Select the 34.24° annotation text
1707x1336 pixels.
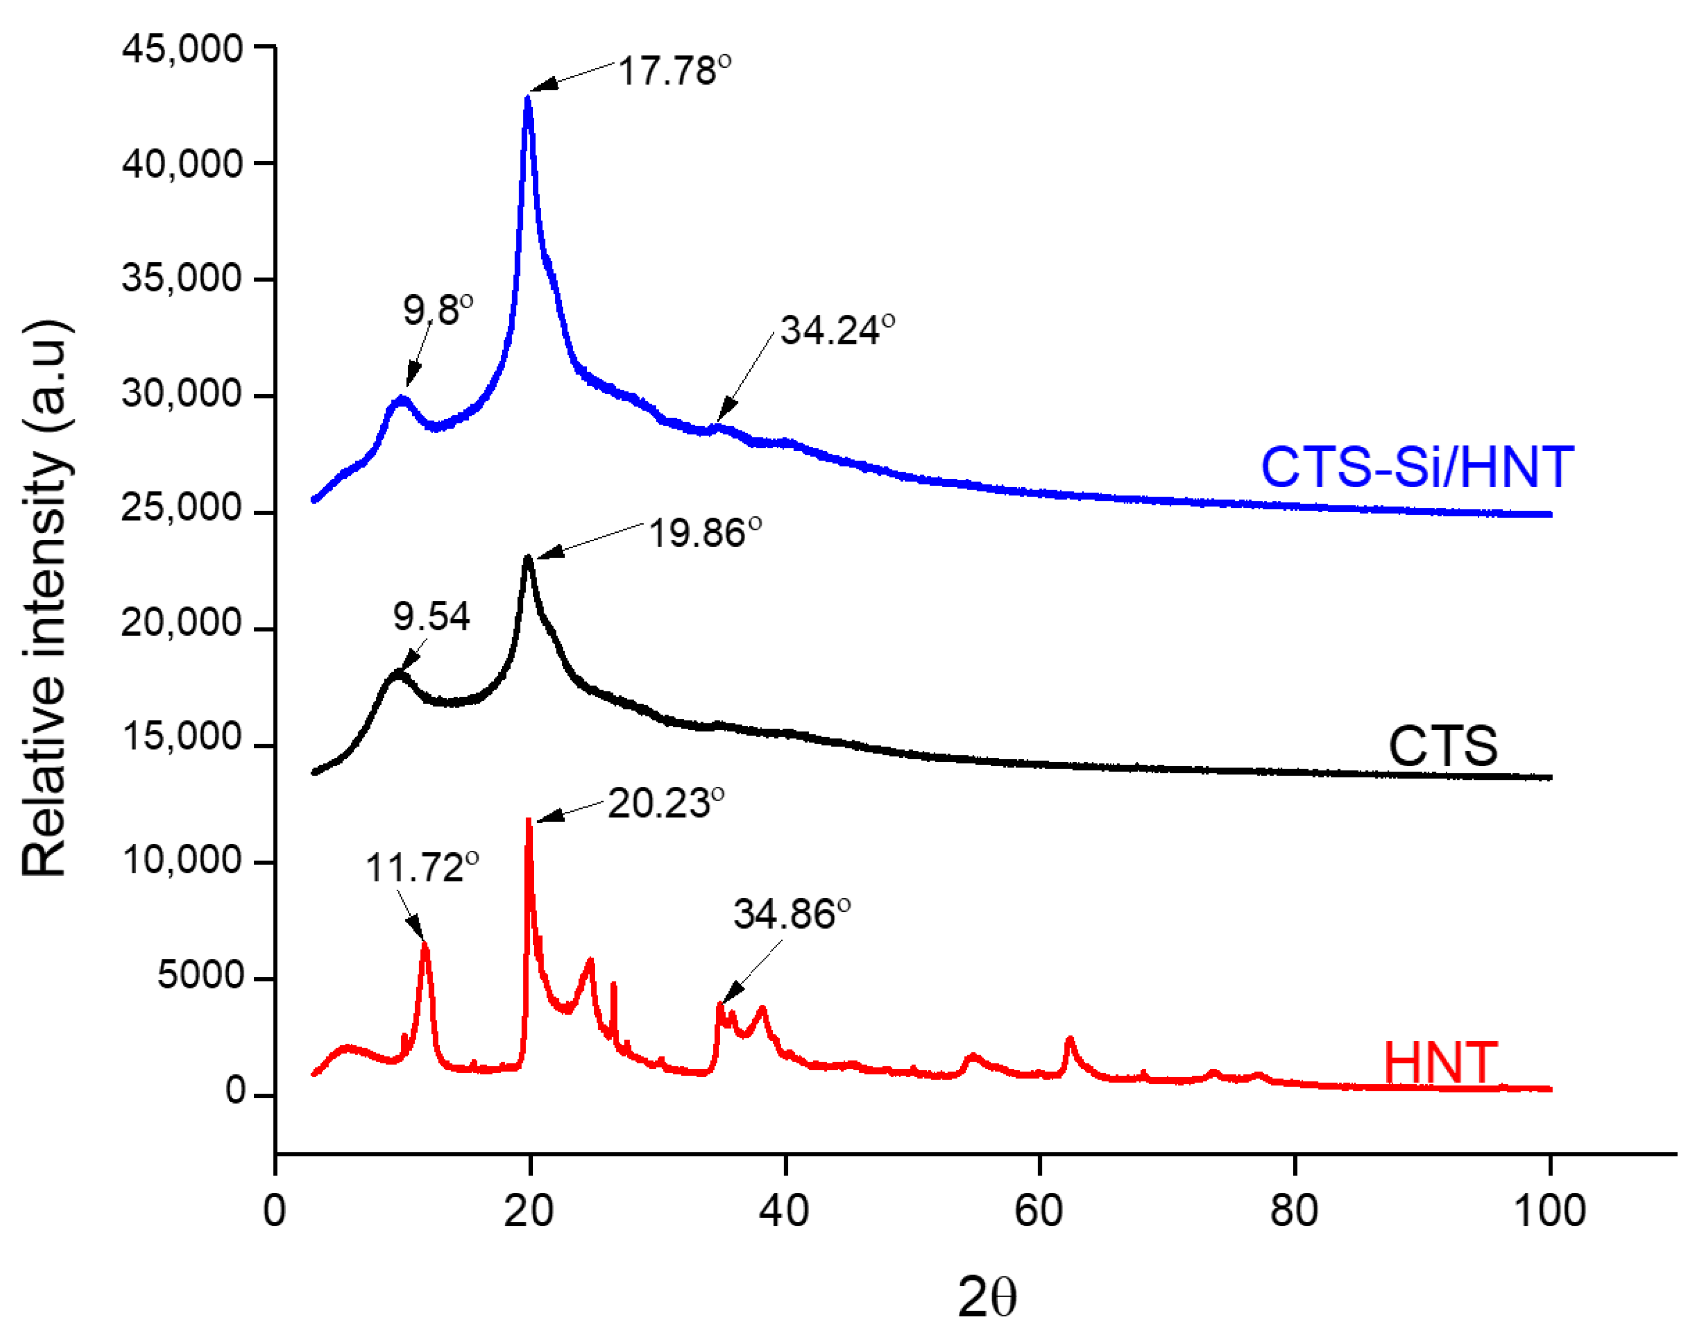coord(837,330)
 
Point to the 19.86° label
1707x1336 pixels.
coord(704,533)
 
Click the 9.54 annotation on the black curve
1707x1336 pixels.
coord(431,617)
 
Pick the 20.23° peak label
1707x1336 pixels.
coord(666,803)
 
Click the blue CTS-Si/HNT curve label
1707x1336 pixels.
coord(1417,468)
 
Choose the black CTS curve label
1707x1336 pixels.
coord(1443,746)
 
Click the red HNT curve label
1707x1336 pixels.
coord(1440,1064)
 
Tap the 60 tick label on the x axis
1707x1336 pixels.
coord(1038,1211)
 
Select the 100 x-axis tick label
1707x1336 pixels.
coord(1549,1211)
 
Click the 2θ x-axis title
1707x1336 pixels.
coord(987,1298)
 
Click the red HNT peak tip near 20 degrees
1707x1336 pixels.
coord(529,820)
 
